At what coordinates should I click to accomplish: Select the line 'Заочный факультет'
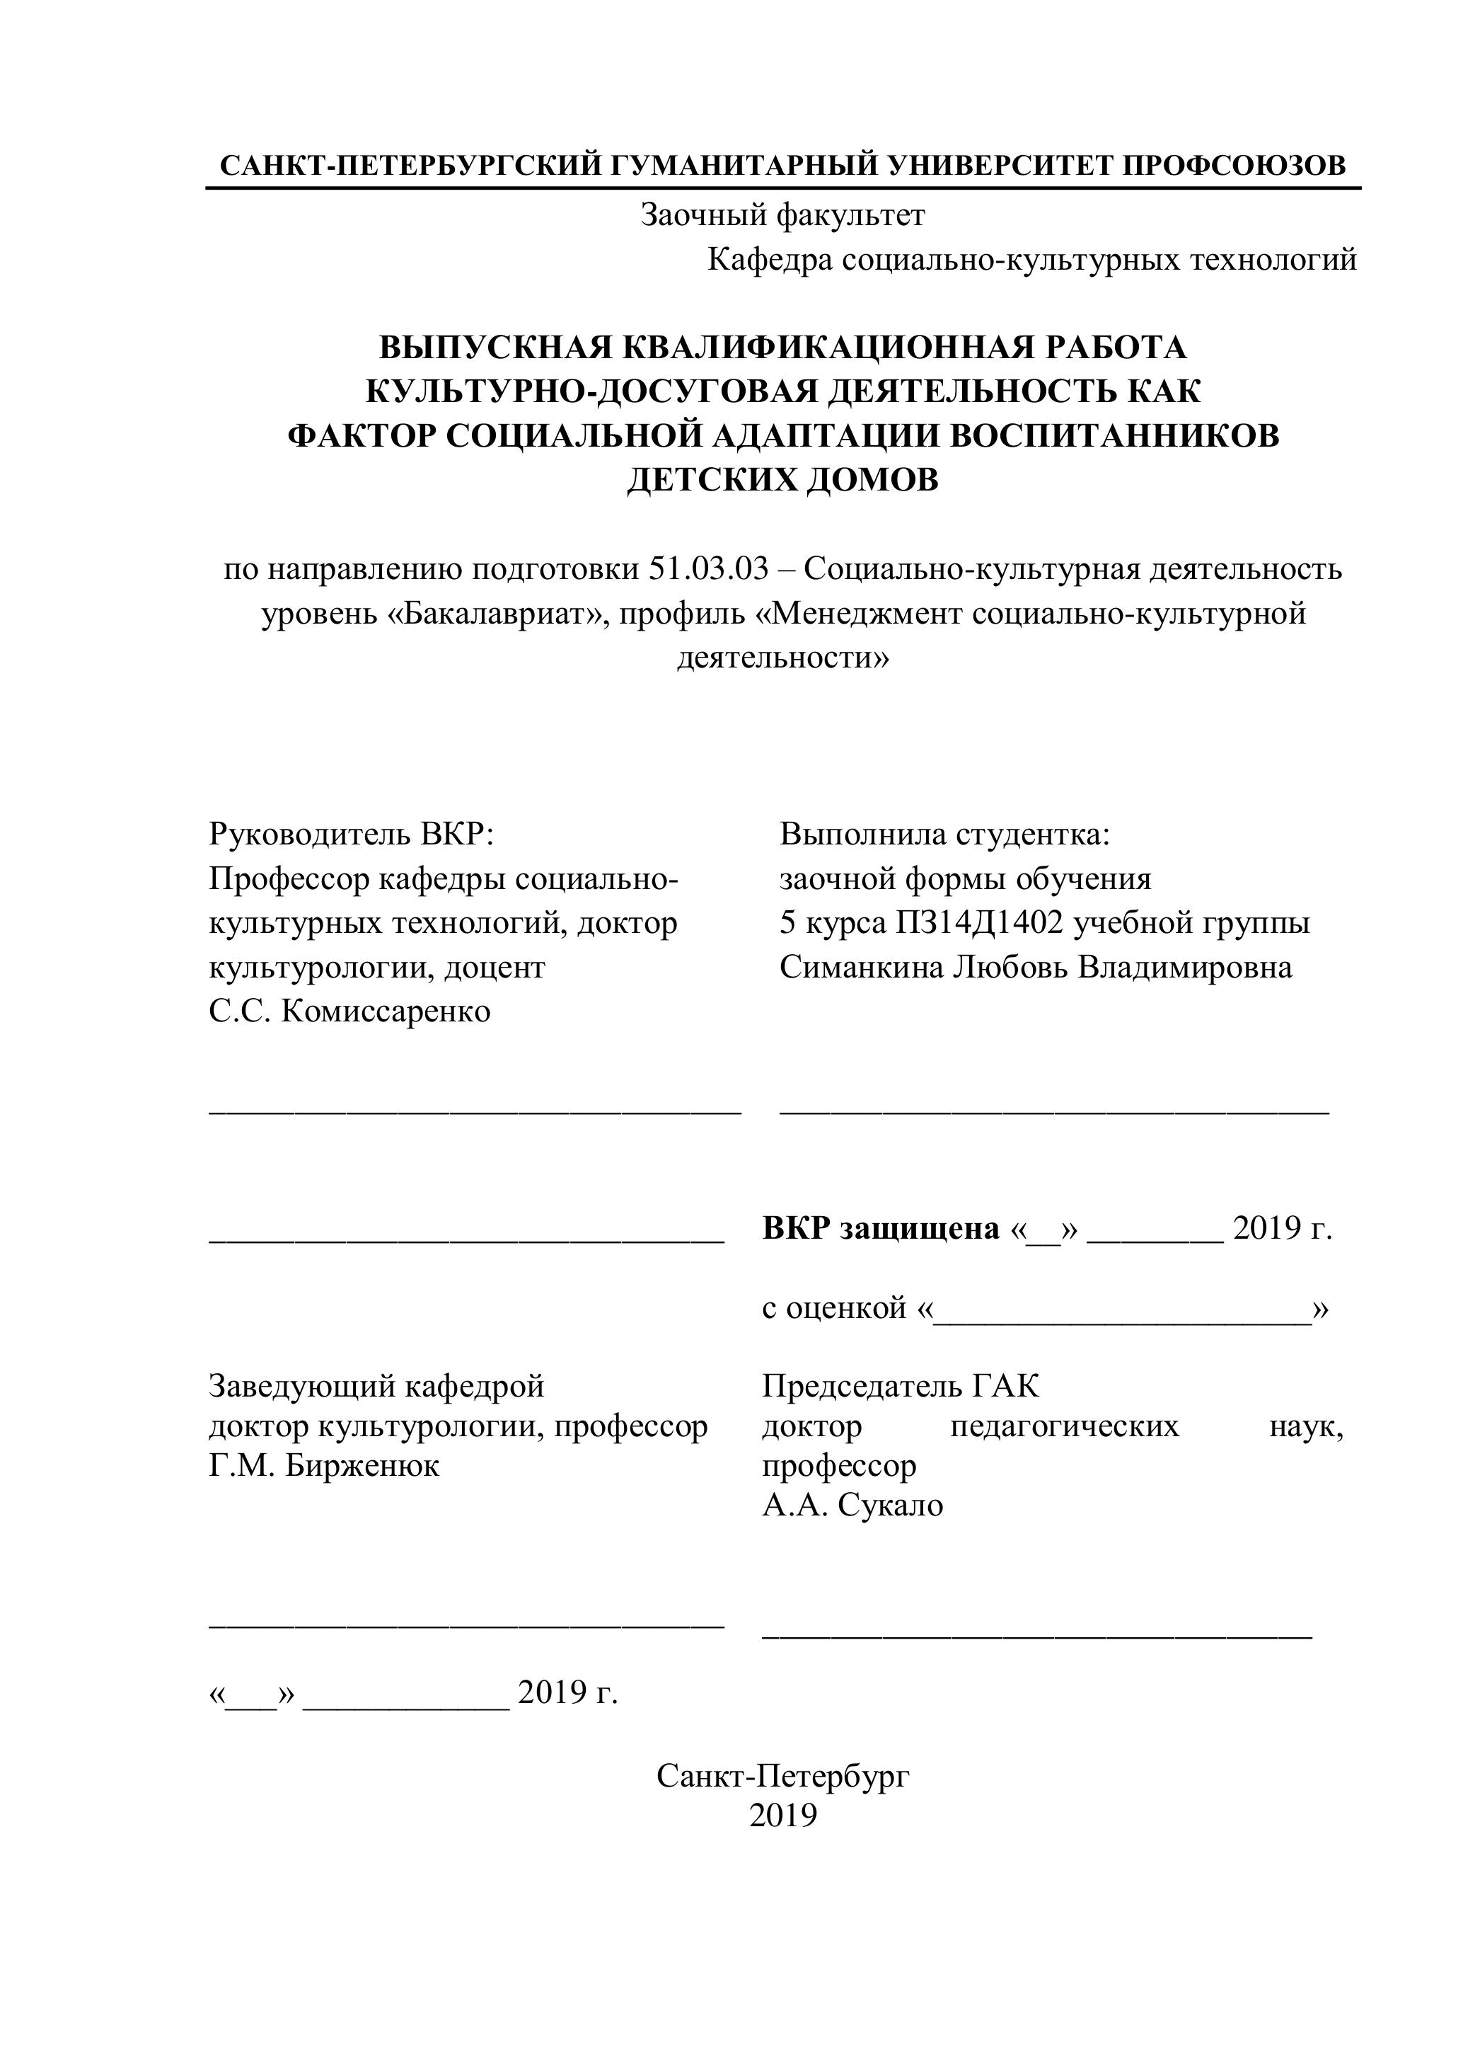[782, 215]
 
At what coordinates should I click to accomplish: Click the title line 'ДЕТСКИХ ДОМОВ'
[782, 479]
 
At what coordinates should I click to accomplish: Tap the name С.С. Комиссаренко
[349, 1011]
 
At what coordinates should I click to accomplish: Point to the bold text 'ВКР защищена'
[880, 1228]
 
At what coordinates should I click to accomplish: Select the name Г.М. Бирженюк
[324, 1466]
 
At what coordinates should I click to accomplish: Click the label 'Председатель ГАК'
[900, 1386]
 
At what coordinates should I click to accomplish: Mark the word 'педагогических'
[1064, 1426]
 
